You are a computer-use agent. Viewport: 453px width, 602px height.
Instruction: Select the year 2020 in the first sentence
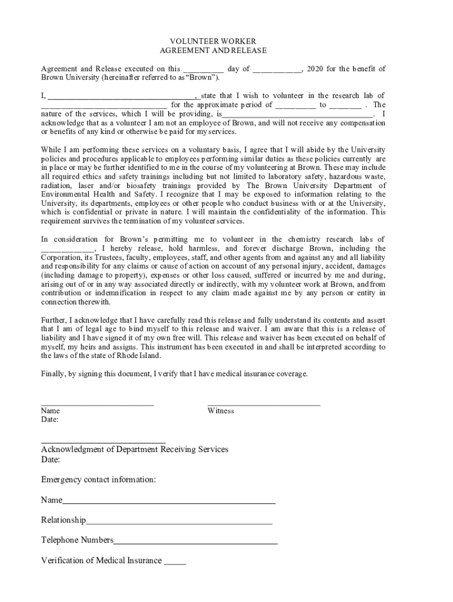coord(315,69)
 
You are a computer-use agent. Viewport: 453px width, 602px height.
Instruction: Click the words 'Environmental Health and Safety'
coord(98,194)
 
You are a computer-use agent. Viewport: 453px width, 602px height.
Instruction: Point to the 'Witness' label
coord(221,411)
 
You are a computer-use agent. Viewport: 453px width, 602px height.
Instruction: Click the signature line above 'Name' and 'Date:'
coord(97,404)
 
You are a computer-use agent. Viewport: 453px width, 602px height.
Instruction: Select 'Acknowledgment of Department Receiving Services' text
coord(134,449)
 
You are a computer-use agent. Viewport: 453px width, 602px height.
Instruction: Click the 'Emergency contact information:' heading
coord(98,480)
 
